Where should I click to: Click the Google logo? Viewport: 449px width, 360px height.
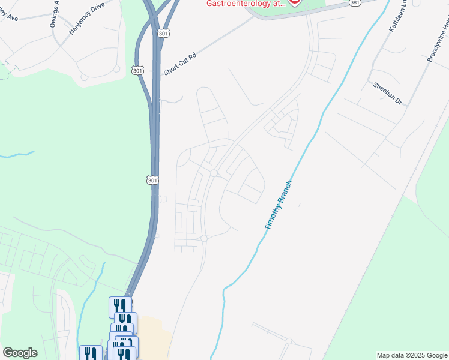20,353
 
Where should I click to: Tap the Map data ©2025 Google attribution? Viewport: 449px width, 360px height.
412,355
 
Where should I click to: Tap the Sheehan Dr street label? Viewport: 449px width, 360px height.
387,94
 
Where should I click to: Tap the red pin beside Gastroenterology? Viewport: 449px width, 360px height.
294,2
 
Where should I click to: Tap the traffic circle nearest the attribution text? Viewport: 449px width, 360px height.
289,341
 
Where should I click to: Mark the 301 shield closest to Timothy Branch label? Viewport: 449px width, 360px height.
152,179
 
